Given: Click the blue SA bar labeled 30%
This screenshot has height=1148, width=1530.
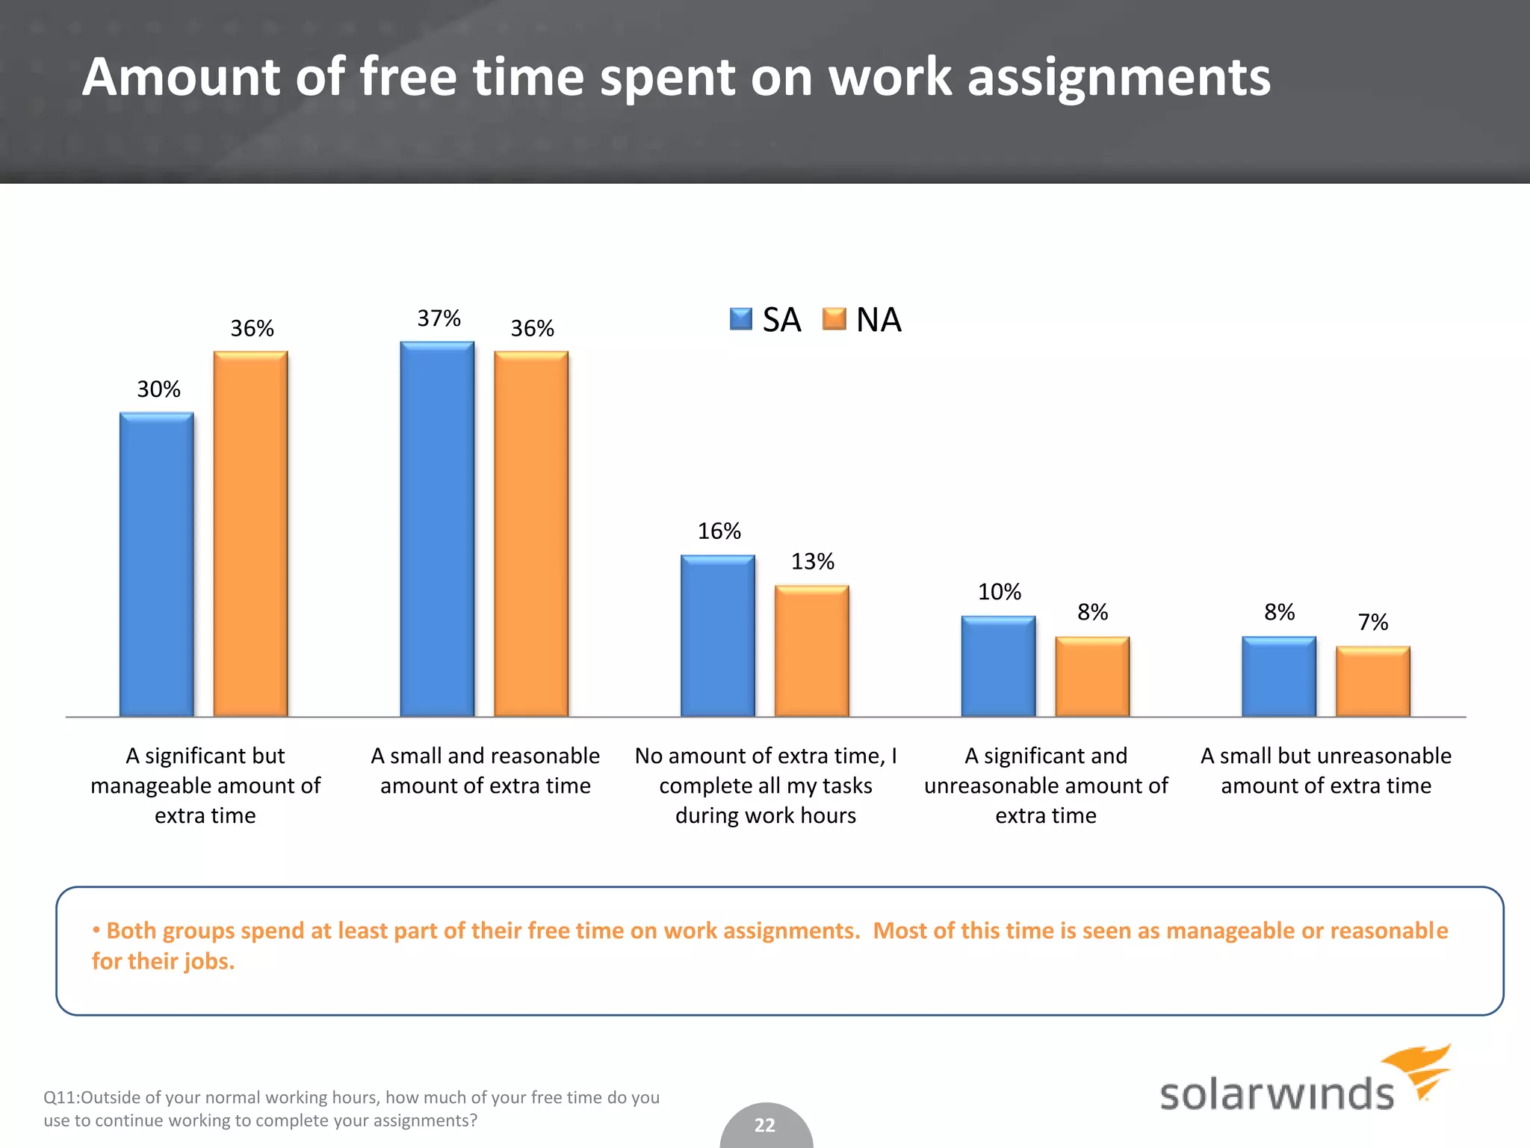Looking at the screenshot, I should pos(157,564).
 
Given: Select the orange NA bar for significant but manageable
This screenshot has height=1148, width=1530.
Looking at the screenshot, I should pos(250,534).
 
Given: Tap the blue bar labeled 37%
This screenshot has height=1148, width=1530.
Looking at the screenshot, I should pos(437,529).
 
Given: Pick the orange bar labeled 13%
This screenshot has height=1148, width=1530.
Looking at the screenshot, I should pos(811,651).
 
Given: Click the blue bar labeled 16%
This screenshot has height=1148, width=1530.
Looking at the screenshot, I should pos(718,636).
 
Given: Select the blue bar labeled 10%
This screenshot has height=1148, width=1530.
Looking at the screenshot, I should pos(998,666).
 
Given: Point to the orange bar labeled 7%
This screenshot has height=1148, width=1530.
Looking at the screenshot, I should pos(1372,682).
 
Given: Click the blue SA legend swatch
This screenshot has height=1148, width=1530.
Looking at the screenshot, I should pos(740,319).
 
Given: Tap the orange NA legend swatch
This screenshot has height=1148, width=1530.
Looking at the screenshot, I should pos(834,319).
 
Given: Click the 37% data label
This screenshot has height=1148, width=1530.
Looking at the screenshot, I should pos(439,318).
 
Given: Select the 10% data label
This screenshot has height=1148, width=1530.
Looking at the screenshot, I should pos(999,592).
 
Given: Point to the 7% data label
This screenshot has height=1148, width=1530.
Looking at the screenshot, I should pos(1372,622).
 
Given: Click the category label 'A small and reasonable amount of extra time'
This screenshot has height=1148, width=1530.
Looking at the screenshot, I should pos(486,771).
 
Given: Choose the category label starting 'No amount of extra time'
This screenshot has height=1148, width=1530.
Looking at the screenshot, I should pos(766,785).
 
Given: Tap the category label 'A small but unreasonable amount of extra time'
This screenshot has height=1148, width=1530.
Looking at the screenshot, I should pos(1326,771).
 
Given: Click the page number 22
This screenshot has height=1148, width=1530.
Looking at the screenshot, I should pos(765,1125).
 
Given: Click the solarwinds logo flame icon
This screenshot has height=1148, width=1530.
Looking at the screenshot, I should pos(1419,1070).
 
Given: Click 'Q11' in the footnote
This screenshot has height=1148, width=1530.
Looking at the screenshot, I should pos(59,1097).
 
